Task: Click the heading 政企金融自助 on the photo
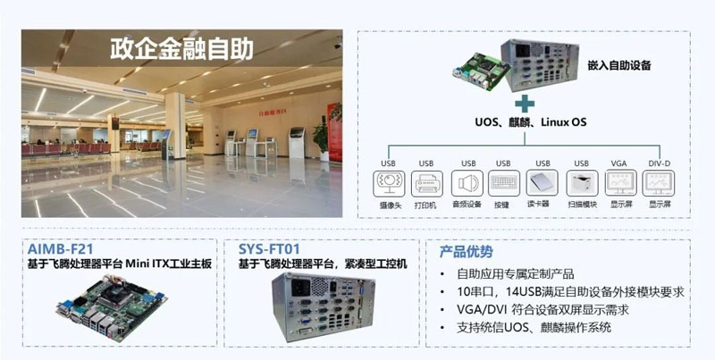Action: pyautogui.click(x=181, y=47)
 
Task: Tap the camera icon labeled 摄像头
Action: pyautogui.click(x=388, y=184)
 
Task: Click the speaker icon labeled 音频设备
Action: pyautogui.click(x=466, y=184)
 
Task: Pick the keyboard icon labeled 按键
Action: pyautogui.click(x=503, y=184)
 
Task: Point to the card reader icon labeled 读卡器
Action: pyautogui.click(x=542, y=184)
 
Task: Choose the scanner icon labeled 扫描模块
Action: pyautogui.click(x=581, y=184)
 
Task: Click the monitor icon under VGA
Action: pyautogui.click(x=619, y=184)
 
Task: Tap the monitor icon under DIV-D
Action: pyautogui.click(x=660, y=184)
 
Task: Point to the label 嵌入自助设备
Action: pyautogui.click(x=619, y=65)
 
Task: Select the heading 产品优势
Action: pyautogui.click(x=465, y=252)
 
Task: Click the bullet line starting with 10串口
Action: pyautogui.click(x=559, y=291)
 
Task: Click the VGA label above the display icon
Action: pyautogui.click(x=618, y=163)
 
